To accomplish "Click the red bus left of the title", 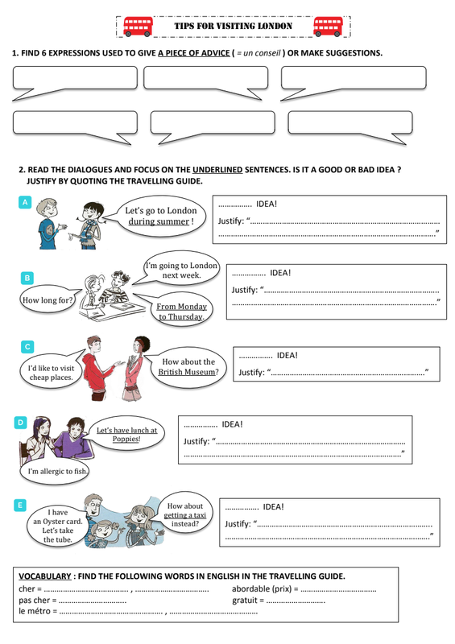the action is point(138,27).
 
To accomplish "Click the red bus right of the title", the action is point(328,27).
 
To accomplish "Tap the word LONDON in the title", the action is point(275,26).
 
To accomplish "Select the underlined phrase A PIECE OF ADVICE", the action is point(194,53).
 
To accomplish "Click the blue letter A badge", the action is point(25,202).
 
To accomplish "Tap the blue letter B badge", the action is point(27,278).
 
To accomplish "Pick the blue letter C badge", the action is point(27,347).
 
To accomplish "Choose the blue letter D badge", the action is point(21,422).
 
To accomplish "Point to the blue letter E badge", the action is point(20,506).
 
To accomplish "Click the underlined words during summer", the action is point(159,221).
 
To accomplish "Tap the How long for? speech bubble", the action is point(48,299).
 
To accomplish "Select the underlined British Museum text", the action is point(187,372).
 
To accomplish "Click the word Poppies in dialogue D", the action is point(126,439).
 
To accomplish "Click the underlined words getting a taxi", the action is point(185,515).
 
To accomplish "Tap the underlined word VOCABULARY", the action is point(45,576).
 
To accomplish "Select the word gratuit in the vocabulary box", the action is point(245,601).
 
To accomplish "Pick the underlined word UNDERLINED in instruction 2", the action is point(217,170).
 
